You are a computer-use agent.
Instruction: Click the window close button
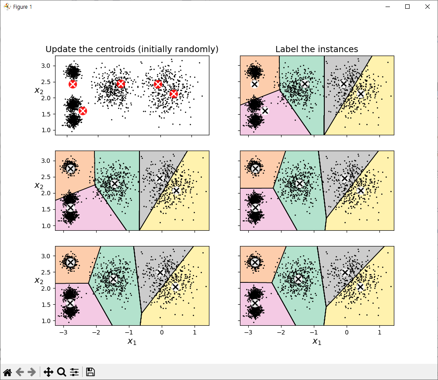click(x=428, y=7)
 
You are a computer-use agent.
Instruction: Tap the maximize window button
click(x=407, y=7)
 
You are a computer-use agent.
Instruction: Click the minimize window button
click(x=387, y=7)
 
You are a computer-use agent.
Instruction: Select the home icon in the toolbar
click(x=7, y=372)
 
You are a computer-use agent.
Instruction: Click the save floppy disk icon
click(x=90, y=372)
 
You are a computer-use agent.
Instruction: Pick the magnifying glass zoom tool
click(x=62, y=372)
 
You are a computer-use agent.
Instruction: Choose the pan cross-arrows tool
click(x=49, y=372)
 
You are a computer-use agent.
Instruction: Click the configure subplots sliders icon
click(x=74, y=372)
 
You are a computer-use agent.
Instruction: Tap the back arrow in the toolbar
click(x=20, y=372)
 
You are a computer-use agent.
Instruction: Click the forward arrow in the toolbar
click(x=32, y=372)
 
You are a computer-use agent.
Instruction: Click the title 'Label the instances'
click(x=317, y=49)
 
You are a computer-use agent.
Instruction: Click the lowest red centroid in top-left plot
click(x=83, y=111)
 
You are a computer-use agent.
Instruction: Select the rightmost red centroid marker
click(x=174, y=94)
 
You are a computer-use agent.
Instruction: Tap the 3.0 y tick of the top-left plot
click(x=46, y=66)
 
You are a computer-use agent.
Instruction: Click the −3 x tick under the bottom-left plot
click(x=63, y=332)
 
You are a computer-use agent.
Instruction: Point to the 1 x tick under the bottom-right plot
click(x=379, y=332)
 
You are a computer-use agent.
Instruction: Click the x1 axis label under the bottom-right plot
click(x=317, y=341)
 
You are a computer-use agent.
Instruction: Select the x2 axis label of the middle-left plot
click(x=39, y=186)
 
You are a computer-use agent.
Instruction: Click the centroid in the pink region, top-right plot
click(x=265, y=111)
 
